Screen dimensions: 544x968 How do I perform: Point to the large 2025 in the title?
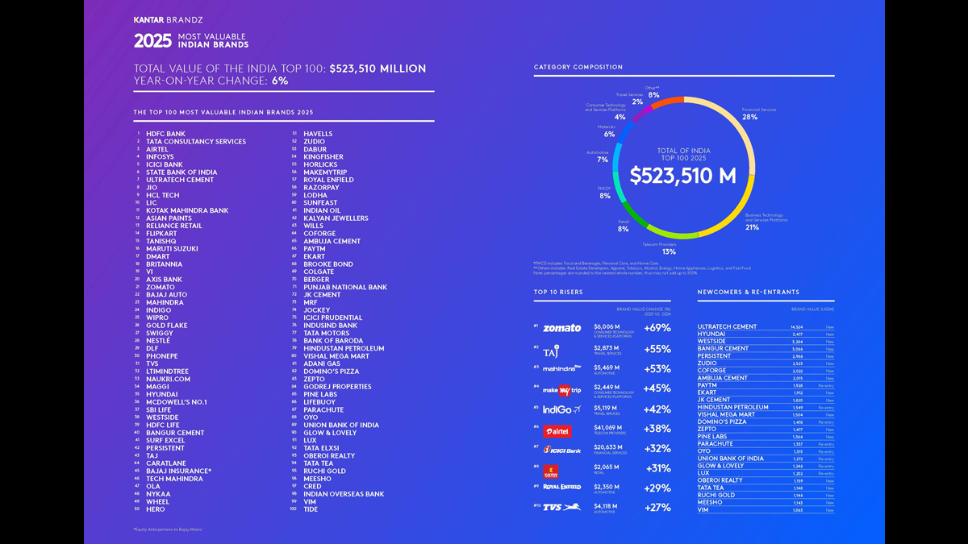(x=152, y=41)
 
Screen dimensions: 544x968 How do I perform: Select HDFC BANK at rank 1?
(x=165, y=134)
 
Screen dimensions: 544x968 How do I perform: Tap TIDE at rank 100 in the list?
(x=311, y=509)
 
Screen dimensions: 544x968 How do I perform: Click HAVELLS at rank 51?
(x=318, y=134)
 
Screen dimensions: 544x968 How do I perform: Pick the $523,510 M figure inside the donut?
(x=683, y=175)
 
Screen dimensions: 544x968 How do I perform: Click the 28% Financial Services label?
(x=749, y=117)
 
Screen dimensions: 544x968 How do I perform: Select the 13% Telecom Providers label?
(x=669, y=251)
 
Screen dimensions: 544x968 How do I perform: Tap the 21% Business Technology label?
(x=752, y=227)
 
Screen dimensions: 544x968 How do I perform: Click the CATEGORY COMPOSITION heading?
(x=578, y=67)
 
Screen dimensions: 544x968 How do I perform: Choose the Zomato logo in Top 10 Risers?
(x=561, y=328)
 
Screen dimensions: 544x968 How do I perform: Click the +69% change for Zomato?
(x=657, y=328)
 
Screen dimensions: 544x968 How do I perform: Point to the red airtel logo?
(x=557, y=431)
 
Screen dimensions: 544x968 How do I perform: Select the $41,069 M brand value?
(x=608, y=428)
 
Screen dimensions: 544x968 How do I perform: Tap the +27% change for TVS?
(x=657, y=508)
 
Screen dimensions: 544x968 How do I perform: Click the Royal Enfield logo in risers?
(x=561, y=488)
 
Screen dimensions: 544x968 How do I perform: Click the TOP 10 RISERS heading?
(x=558, y=292)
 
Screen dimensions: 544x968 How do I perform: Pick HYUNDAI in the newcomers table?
(x=711, y=334)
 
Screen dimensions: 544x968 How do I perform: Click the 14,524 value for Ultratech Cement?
(x=796, y=326)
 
